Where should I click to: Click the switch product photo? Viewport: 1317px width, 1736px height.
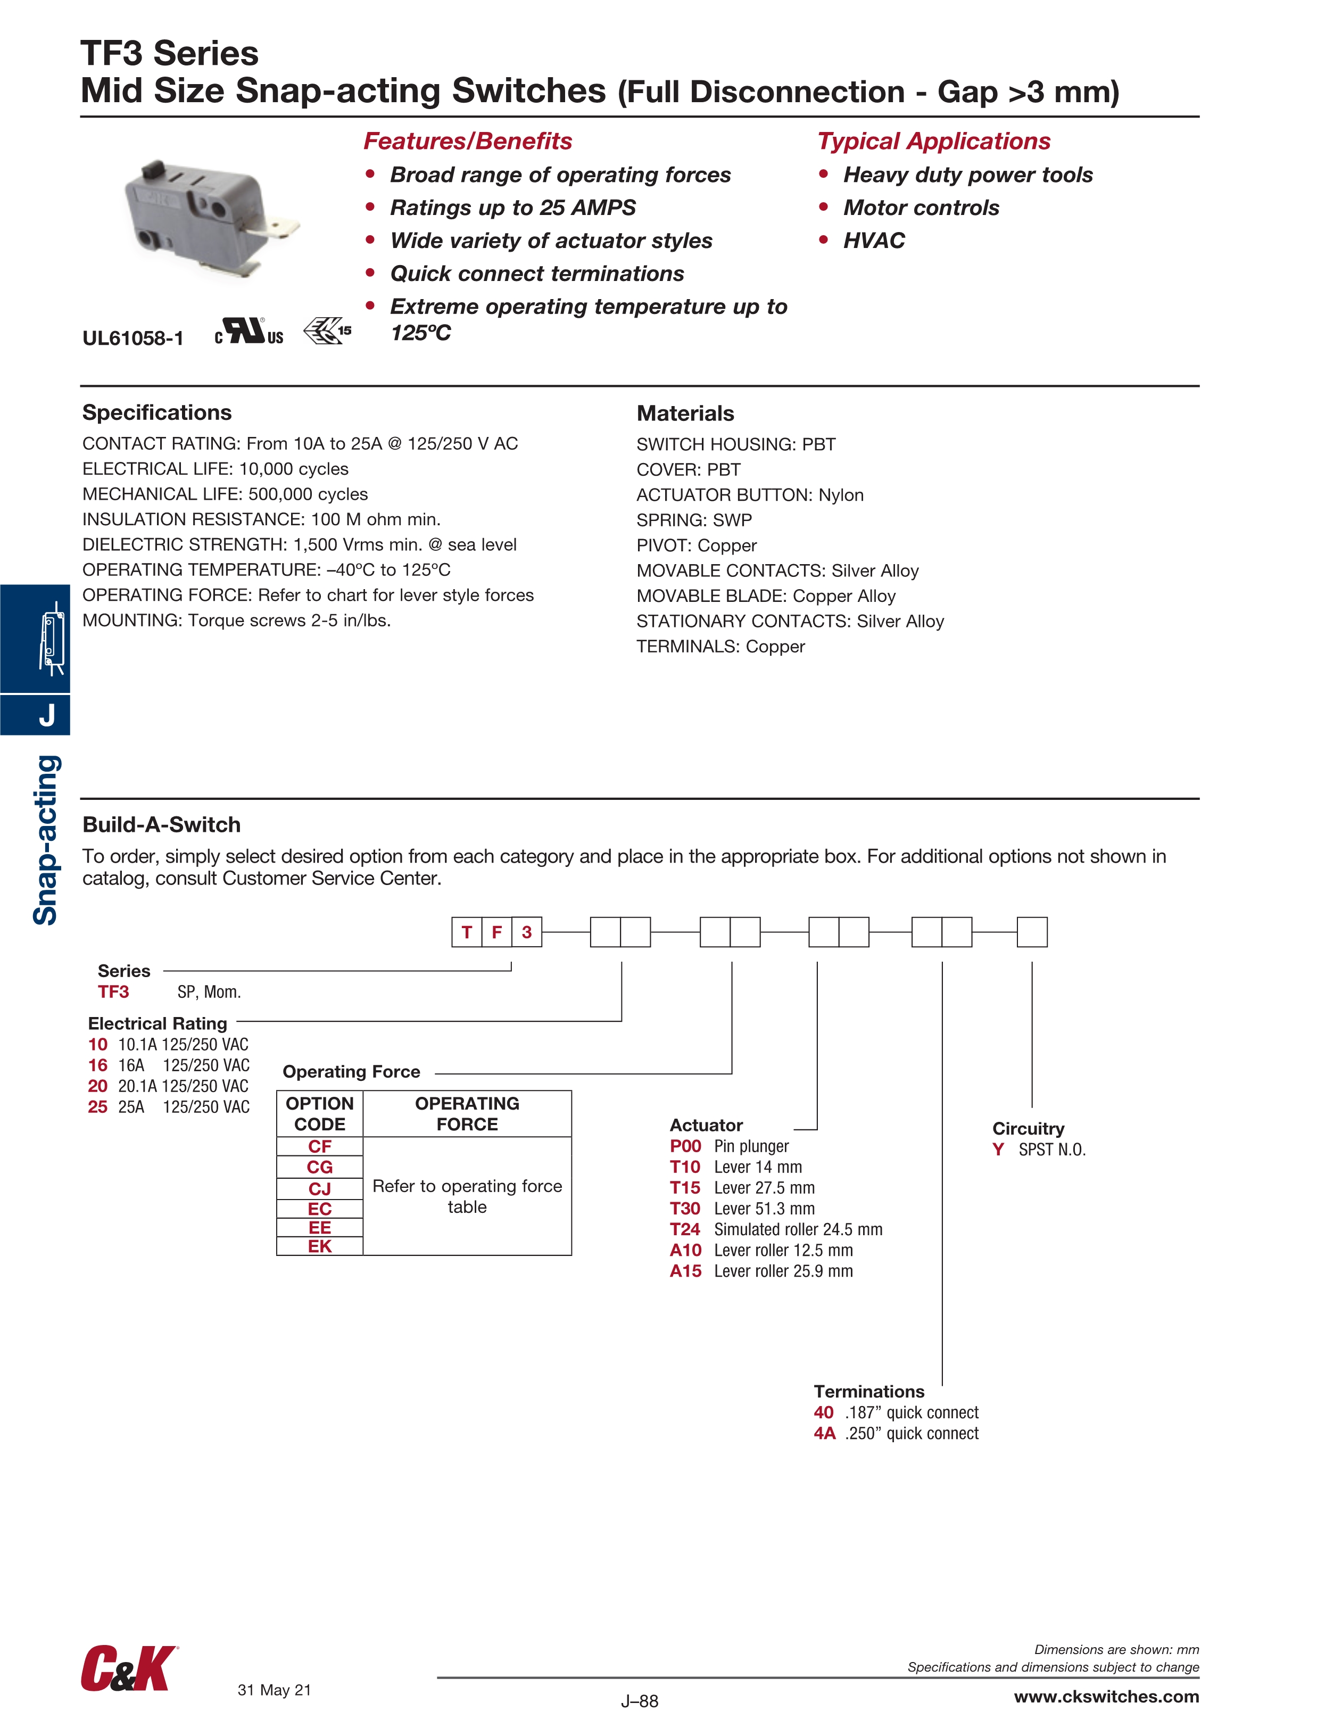tap(210, 220)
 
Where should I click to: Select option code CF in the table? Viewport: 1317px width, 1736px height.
tap(319, 1147)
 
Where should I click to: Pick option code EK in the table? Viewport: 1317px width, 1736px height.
tap(319, 1246)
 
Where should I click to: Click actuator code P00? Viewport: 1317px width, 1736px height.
tap(685, 1147)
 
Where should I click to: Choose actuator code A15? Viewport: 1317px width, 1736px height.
tap(685, 1271)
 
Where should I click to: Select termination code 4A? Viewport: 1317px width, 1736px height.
tap(824, 1434)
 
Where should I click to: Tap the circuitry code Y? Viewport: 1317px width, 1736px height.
tap(998, 1150)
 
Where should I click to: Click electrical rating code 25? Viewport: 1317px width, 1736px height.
tap(97, 1107)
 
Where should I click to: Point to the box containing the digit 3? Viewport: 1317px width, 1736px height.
tap(527, 932)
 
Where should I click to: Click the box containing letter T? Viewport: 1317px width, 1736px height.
tap(467, 932)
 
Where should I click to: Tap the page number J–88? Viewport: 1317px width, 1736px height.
tap(639, 1701)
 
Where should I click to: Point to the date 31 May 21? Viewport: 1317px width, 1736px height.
tap(274, 1690)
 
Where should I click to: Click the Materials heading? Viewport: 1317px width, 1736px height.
tap(685, 414)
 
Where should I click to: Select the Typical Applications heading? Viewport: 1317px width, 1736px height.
tap(933, 141)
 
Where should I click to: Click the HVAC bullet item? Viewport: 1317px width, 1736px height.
tap(874, 241)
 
